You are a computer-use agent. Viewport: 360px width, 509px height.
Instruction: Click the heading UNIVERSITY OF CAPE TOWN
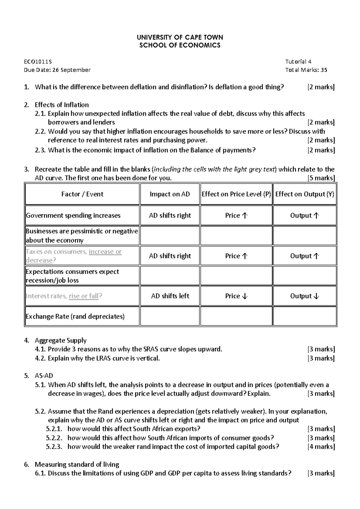click(180, 37)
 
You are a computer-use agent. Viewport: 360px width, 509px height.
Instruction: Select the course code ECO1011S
click(38, 62)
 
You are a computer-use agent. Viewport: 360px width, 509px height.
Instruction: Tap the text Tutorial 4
click(298, 62)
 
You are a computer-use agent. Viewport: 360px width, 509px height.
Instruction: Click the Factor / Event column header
click(82, 194)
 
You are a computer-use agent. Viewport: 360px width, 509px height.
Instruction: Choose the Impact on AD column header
click(170, 194)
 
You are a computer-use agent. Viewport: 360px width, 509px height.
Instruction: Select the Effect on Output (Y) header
click(304, 194)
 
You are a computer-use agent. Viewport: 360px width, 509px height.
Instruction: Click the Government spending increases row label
click(73, 216)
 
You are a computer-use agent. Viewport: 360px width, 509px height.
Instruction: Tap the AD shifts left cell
click(170, 296)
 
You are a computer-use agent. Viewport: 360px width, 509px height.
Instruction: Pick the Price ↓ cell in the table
click(236, 296)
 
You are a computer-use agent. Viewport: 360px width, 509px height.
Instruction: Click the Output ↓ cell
click(304, 296)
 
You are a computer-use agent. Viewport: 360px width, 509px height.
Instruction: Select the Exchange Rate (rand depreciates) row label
click(75, 317)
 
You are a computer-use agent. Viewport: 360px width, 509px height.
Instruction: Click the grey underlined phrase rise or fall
click(83, 296)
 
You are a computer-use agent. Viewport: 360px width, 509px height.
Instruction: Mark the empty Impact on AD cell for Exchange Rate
click(170, 316)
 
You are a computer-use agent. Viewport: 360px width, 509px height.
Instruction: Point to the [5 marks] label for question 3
click(321, 178)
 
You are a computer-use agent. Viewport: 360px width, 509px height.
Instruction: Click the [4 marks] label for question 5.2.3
click(321, 447)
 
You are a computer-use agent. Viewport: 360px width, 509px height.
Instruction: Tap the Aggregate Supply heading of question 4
click(61, 341)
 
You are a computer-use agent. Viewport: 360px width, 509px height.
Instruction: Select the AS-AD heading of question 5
click(44, 376)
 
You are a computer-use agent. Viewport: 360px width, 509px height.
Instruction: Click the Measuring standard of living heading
click(77, 465)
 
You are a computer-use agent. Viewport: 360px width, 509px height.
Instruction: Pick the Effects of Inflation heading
click(62, 105)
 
